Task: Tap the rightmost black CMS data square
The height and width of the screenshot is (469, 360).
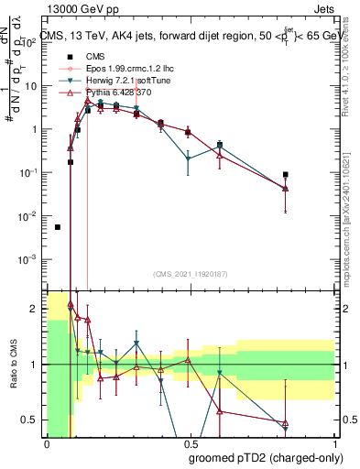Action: [x=286, y=174]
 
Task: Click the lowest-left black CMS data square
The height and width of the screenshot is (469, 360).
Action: [x=58, y=227]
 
